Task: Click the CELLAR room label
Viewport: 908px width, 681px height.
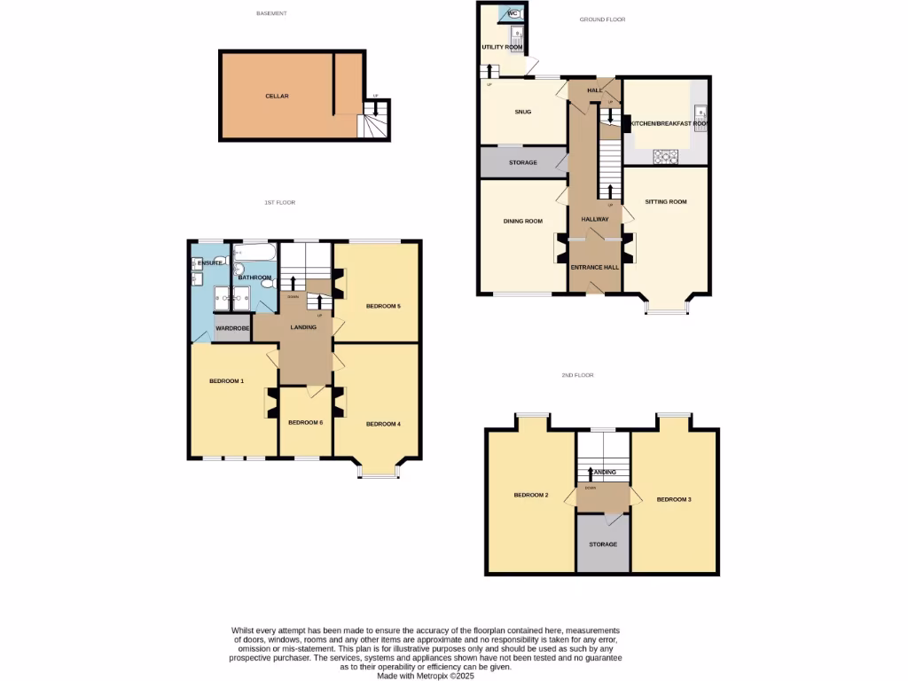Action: coord(277,96)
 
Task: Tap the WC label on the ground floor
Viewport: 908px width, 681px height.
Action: coord(513,13)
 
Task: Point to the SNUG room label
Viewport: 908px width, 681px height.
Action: coord(522,112)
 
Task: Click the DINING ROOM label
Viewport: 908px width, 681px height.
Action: coord(522,221)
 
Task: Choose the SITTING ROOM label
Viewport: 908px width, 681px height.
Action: coord(665,202)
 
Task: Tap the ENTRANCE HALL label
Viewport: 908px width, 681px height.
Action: coord(594,267)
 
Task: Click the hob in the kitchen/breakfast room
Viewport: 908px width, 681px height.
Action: coord(665,156)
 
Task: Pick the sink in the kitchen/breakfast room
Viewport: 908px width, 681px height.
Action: coord(700,113)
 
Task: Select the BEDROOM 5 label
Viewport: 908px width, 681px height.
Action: coord(384,307)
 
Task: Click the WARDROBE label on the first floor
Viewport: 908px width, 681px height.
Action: coord(233,329)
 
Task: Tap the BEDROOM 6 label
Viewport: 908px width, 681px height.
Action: coord(306,422)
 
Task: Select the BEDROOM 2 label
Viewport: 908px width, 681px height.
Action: coord(531,495)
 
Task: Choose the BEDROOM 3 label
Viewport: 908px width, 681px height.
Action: coord(673,499)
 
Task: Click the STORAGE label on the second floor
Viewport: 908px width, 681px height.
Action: coord(603,544)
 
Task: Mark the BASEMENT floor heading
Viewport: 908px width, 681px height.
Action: coord(271,13)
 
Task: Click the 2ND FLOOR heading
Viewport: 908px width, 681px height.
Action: coord(577,375)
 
